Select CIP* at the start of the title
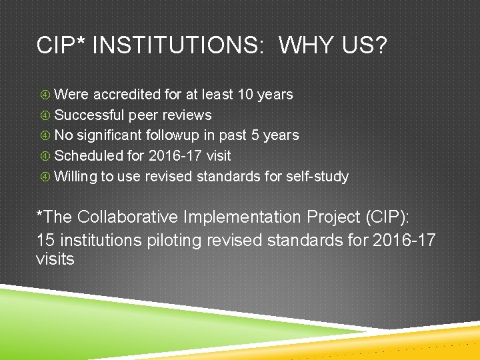coord(63,46)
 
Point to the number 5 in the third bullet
coord(255,135)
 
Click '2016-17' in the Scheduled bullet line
coord(169,156)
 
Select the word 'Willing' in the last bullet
coord(75,177)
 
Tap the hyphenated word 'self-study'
coord(317,177)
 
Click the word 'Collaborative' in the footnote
coord(129,217)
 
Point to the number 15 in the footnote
coord(45,239)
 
